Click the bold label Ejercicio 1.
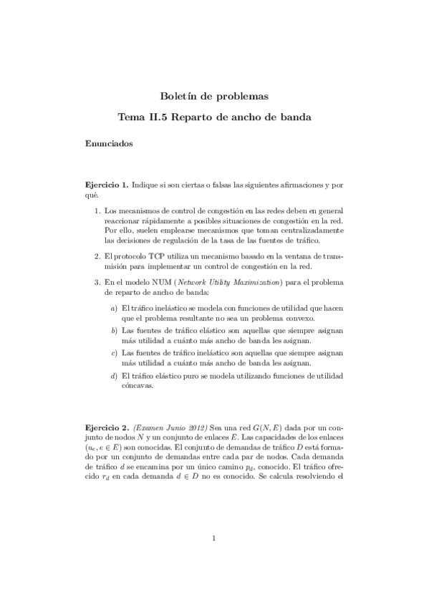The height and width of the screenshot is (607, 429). click(x=107, y=185)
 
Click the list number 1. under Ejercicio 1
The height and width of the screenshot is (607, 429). click(x=97, y=212)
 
